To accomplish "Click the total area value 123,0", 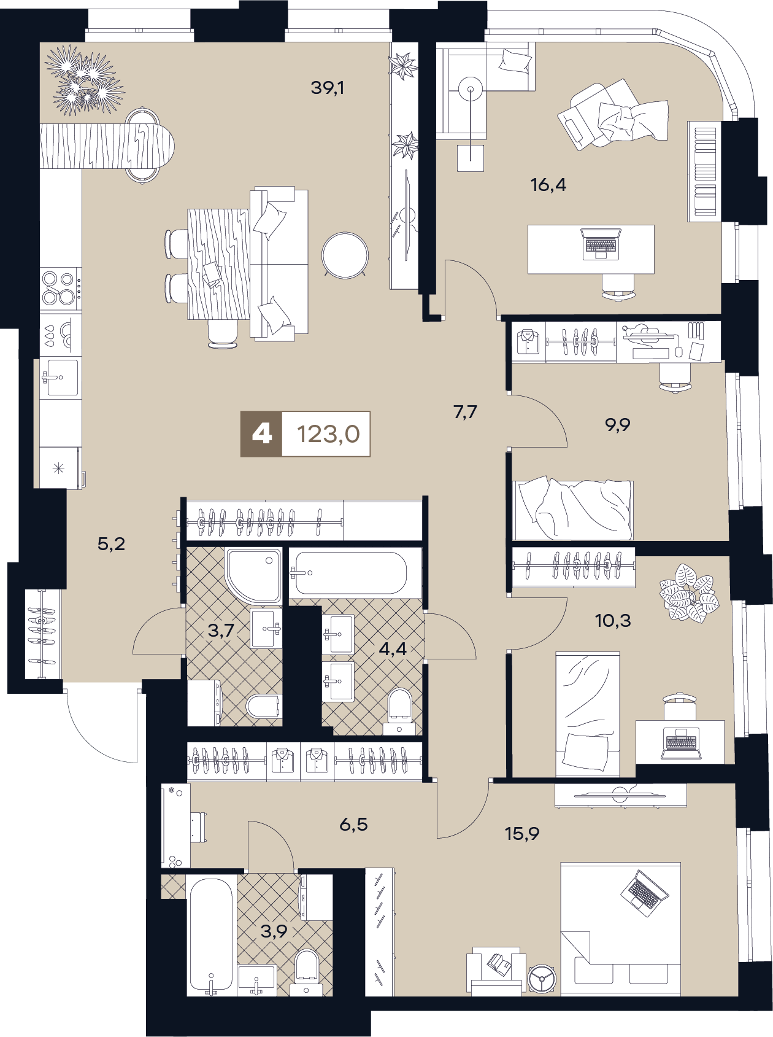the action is pos(328,434).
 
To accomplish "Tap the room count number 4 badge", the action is pos(261,434).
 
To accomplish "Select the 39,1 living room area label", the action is pos(328,88).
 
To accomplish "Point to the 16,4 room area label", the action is pos(548,184).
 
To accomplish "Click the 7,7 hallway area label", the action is pos(465,412).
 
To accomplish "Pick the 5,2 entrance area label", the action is pos(111,543).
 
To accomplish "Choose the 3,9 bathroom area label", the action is pos(274,931).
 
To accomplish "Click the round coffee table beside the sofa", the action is pos(345,255).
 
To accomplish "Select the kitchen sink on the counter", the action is pos(61,378).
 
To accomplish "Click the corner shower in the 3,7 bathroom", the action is pos(253,576).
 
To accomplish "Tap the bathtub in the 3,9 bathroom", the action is pos(211,936).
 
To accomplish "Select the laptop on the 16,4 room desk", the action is pos(601,243).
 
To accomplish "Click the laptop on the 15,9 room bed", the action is pos(644,893).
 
